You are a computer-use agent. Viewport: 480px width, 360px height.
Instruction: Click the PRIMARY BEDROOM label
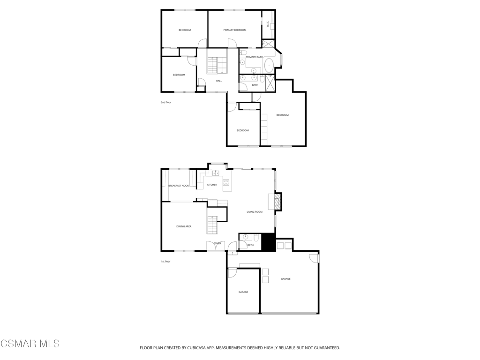tap(235, 30)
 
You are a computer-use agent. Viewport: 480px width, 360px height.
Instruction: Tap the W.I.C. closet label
tap(268, 24)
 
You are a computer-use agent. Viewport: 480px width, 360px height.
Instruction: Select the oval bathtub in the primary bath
tap(269, 65)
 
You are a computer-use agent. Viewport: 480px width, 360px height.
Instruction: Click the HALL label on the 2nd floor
tap(219, 81)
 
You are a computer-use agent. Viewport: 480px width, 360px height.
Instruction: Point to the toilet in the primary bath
tap(244, 52)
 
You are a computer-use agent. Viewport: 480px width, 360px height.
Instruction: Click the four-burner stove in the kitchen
tap(226, 182)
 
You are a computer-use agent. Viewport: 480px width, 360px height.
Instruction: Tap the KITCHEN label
tap(212, 185)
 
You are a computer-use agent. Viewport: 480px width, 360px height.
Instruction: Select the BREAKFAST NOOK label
tap(179, 186)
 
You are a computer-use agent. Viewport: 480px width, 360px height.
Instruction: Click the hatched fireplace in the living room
tap(278, 202)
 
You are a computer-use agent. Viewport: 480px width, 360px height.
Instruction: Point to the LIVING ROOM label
tap(255, 212)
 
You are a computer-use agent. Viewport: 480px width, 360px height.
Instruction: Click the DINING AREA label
tap(184, 226)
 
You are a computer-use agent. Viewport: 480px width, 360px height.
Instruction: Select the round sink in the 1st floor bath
tap(246, 237)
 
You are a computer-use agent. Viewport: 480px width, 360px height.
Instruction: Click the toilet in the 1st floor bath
tap(256, 237)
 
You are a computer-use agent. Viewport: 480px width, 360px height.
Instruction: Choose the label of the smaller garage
tap(243, 292)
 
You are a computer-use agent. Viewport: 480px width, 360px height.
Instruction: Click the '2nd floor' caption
tap(166, 102)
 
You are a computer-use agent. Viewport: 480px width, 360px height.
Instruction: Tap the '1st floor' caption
tap(165, 262)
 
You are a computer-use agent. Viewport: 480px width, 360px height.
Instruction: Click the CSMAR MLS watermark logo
tap(30, 344)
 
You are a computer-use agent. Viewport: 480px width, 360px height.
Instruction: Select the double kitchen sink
tap(216, 173)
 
